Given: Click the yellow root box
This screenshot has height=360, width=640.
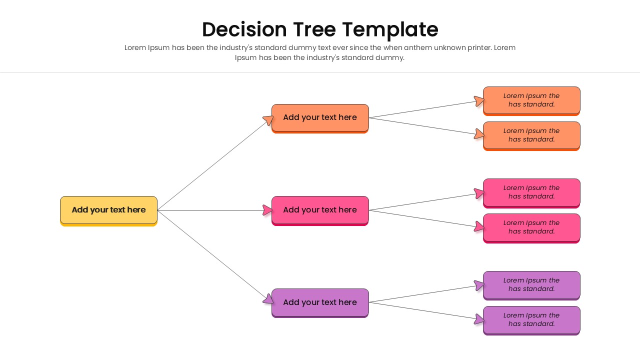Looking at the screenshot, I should (108, 210).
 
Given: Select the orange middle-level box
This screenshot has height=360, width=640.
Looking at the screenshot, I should (320, 117).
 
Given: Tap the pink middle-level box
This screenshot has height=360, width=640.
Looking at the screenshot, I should (320, 210).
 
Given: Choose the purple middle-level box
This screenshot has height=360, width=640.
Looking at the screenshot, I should (320, 302).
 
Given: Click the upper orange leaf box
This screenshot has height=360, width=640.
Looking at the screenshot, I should (531, 100).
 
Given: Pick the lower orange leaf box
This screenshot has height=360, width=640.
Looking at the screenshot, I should (531, 135).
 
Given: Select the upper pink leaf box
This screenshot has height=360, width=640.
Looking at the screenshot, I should (531, 192).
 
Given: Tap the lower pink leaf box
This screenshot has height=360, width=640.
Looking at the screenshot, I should (531, 227).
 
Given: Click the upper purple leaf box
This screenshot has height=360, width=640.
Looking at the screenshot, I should (531, 284).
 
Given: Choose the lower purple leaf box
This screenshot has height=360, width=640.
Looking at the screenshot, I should (531, 319).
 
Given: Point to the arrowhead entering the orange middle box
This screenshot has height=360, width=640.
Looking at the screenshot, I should (268, 120).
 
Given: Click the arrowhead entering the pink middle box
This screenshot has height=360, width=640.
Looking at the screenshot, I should (268, 210).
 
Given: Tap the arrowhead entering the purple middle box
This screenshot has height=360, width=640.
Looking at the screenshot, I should (268, 299).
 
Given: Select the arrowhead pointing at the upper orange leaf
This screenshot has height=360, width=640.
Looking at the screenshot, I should (479, 101).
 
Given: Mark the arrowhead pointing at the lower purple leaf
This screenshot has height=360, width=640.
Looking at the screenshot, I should (479, 319).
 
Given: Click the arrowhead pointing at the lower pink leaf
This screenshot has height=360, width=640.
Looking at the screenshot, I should (479, 226).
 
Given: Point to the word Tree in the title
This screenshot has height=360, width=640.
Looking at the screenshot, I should (314, 29).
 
